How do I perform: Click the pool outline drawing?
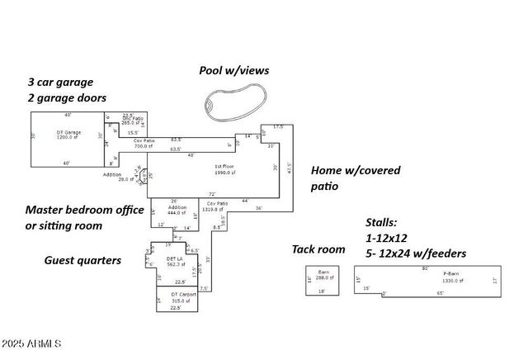point(235,102)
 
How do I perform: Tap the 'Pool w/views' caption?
point(234,70)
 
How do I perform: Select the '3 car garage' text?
point(60,82)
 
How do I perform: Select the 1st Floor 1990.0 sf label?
point(224,169)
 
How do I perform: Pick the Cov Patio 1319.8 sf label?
point(218,206)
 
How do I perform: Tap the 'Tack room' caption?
point(318,249)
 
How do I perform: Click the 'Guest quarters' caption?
point(82,260)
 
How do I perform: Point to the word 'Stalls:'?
point(383,222)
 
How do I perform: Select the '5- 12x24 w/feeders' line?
point(416,253)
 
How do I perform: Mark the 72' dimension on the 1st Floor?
point(200,194)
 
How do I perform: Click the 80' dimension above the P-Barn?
point(426,268)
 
